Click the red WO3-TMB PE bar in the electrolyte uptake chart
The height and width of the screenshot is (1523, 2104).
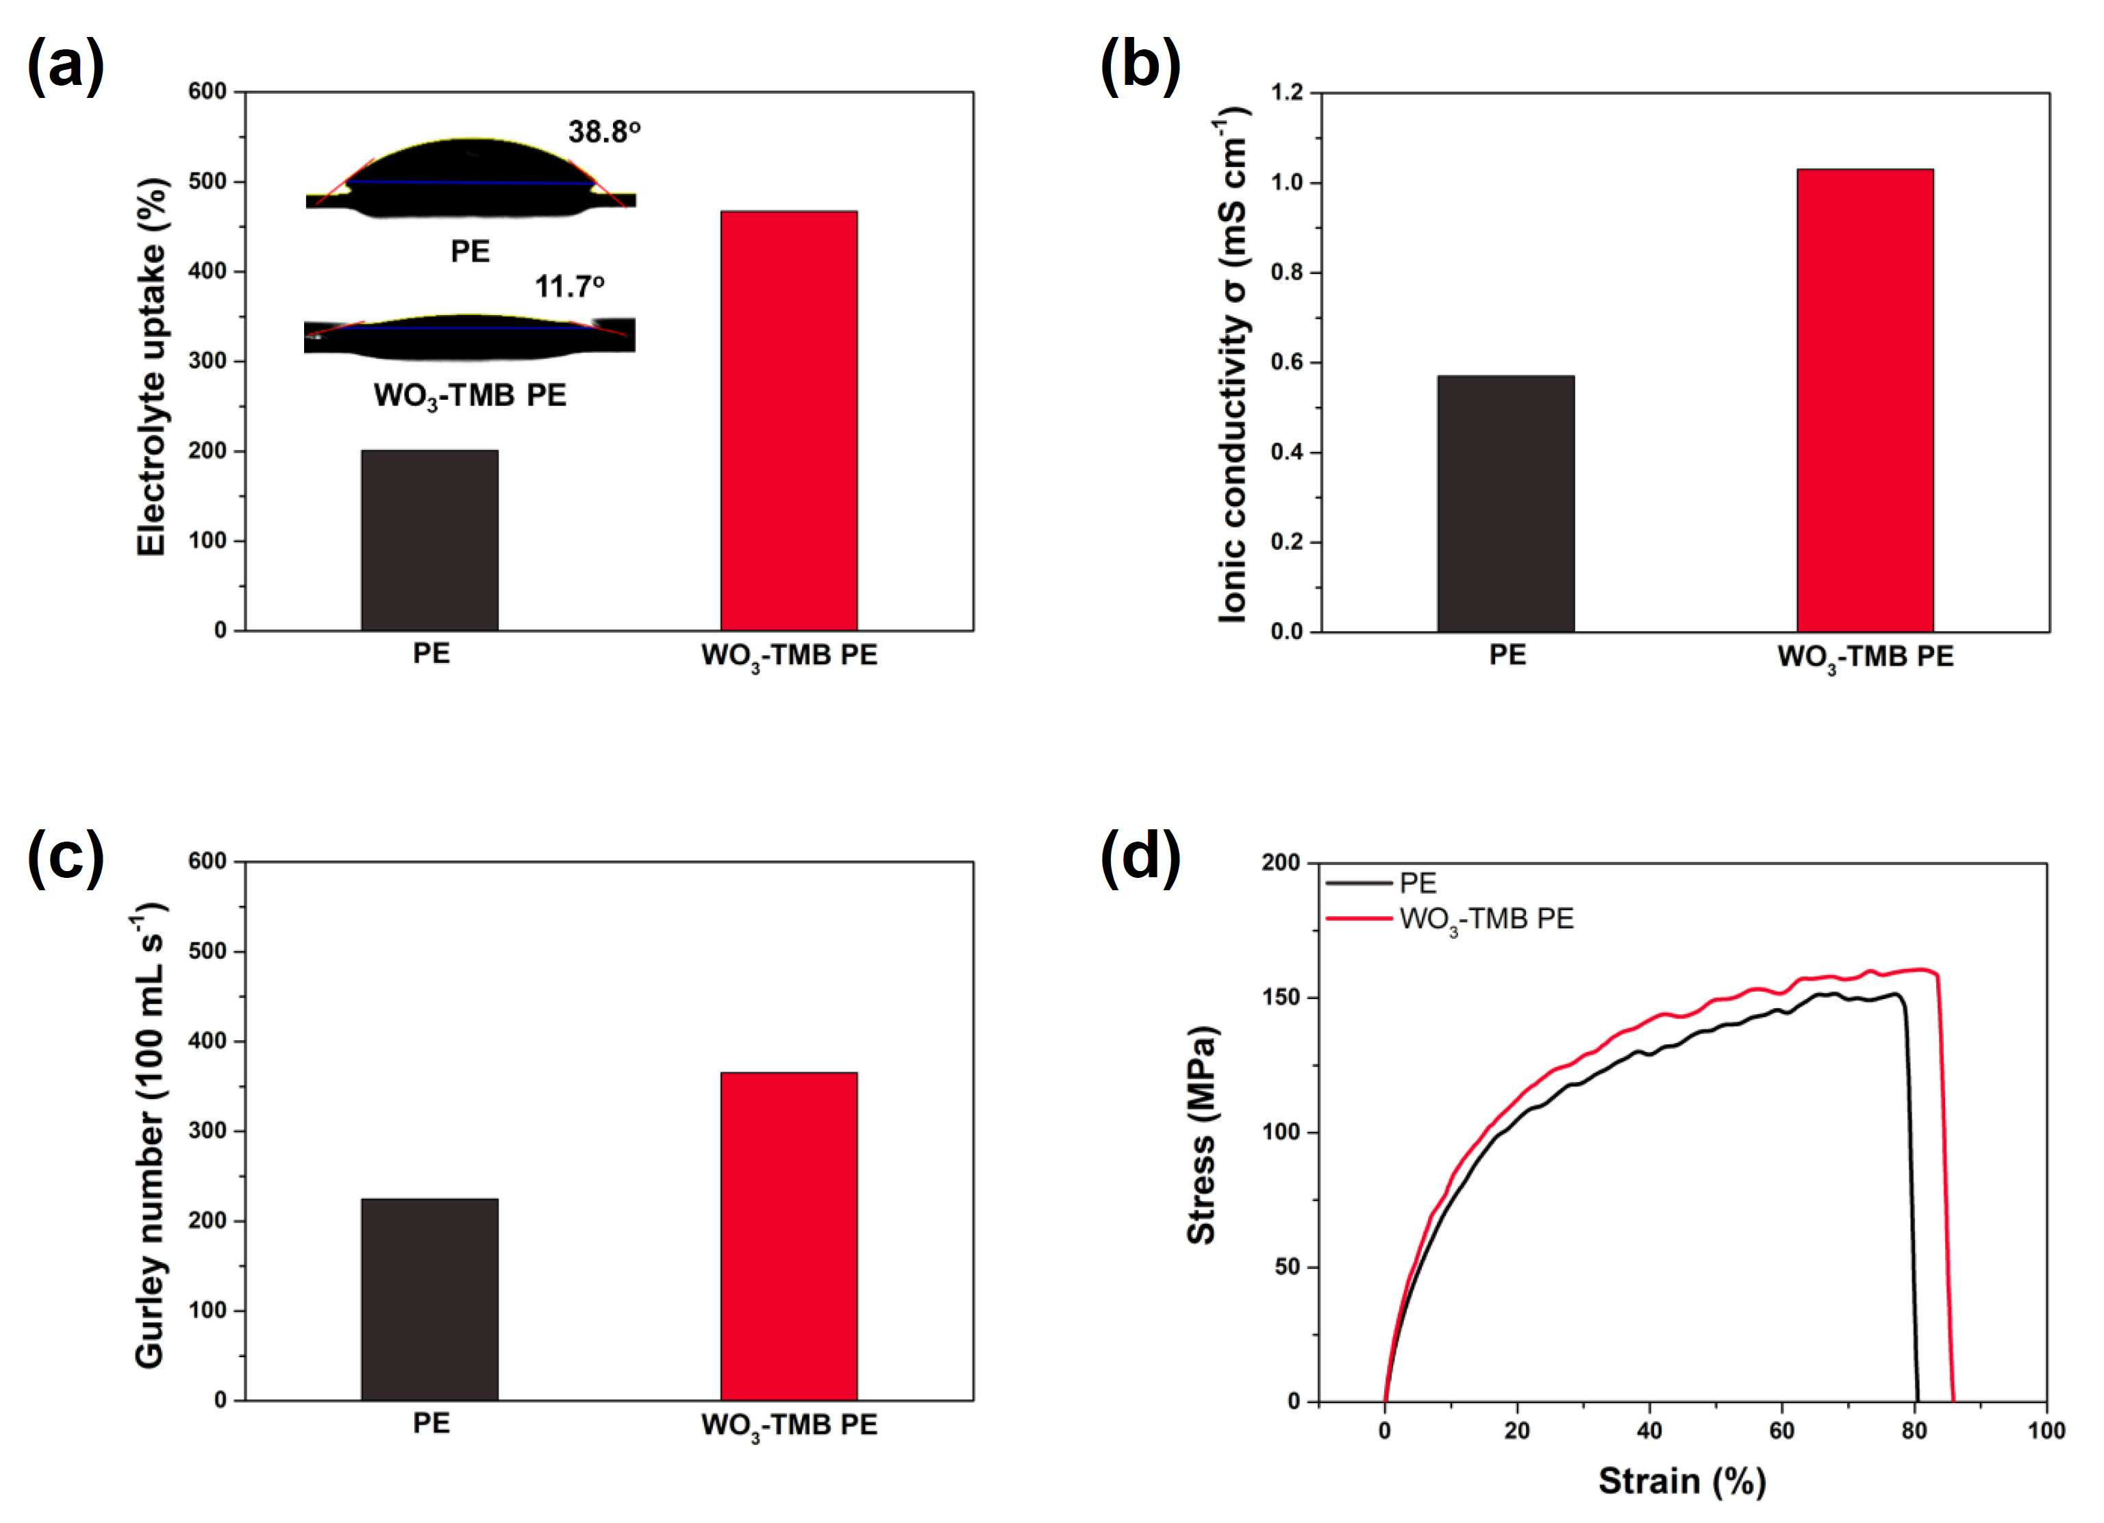coord(788,421)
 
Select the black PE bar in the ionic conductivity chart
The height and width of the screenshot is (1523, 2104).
coord(1505,503)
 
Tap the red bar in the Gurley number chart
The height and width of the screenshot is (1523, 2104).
coord(788,1236)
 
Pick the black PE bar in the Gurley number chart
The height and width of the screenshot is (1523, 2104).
coord(429,1300)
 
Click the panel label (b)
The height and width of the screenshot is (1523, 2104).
coord(1140,67)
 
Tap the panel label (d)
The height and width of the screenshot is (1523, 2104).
coord(1140,857)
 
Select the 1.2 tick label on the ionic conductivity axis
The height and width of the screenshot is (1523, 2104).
coord(1287,92)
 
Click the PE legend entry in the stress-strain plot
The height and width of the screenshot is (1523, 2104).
coord(1381,883)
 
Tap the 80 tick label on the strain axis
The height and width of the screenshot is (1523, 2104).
coord(1914,1431)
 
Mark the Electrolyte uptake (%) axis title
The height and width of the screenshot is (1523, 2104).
coord(151,367)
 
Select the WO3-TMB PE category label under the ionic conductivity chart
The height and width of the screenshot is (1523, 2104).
coord(1865,657)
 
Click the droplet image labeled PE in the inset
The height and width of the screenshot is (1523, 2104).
coord(471,179)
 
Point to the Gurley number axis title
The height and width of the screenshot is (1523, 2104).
coord(149,1141)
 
